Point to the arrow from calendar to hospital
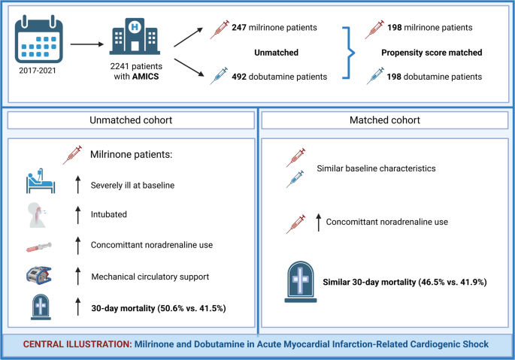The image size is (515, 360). coord(86,43)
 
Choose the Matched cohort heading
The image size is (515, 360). coord(384,120)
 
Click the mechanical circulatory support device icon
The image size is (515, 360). coord(36,276)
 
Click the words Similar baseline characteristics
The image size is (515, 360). coord(377,168)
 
